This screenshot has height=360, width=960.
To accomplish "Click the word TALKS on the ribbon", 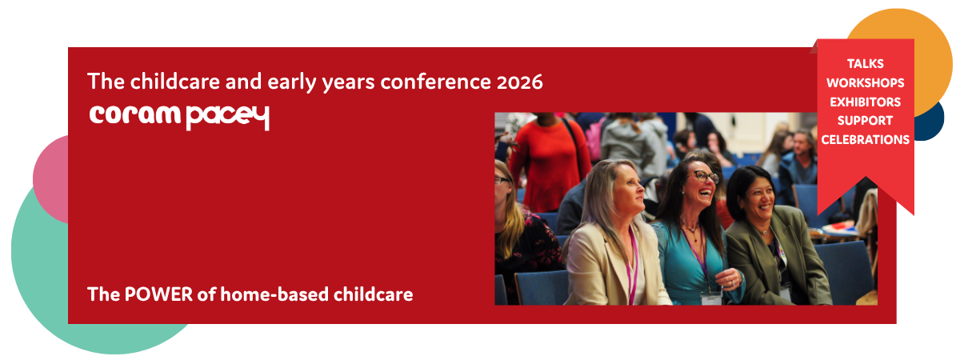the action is pyautogui.click(x=866, y=64).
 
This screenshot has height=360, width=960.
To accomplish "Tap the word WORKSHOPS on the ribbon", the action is pyautogui.click(x=866, y=82).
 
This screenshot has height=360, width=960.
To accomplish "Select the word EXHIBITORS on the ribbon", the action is pyautogui.click(x=866, y=102).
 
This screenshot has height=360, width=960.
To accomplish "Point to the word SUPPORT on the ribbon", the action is pyautogui.click(x=866, y=121).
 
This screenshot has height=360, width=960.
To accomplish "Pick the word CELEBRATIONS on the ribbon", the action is pyautogui.click(x=866, y=140).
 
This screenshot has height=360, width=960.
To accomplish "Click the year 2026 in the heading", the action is pyautogui.click(x=520, y=82).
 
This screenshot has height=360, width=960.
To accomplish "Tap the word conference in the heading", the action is pyautogui.click(x=436, y=82).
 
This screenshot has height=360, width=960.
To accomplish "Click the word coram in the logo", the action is pyautogui.click(x=134, y=114).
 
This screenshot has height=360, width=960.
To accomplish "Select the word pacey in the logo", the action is pyautogui.click(x=228, y=118).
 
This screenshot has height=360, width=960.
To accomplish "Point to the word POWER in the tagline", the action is pyautogui.click(x=158, y=295).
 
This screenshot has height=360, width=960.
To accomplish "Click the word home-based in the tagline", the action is pyautogui.click(x=274, y=295).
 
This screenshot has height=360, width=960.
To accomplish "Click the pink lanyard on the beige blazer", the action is pyautogui.click(x=632, y=266).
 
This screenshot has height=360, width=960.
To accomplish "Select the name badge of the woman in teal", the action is pyautogui.click(x=711, y=298).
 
